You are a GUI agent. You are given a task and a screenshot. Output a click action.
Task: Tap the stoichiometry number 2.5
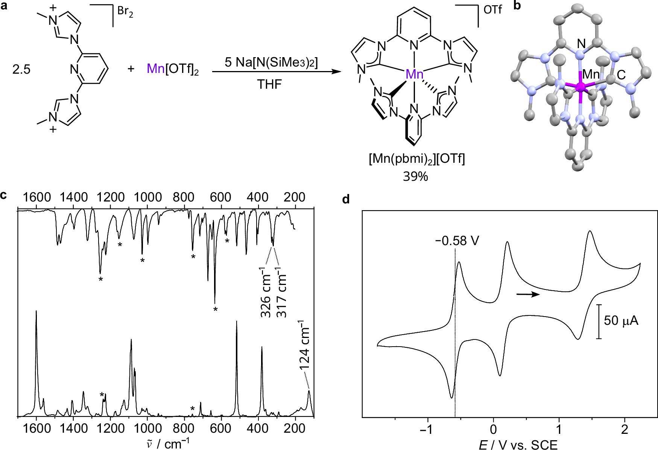coord(21,70)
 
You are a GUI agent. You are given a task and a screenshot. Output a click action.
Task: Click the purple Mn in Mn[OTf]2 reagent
coord(155,68)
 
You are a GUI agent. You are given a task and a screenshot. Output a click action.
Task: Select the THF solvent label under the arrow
coord(269,84)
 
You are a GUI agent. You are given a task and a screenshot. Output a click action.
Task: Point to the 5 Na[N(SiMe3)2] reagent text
coord(271,62)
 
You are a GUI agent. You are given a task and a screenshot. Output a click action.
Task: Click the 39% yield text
coord(415,176)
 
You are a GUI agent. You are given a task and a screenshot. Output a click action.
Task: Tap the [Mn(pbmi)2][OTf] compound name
coord(417,159)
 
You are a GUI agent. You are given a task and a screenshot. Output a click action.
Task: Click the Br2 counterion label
coord(125,11)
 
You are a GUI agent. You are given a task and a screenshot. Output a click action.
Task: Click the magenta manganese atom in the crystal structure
coord(581,88)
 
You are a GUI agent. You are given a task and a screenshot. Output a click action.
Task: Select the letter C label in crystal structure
coord(621,75)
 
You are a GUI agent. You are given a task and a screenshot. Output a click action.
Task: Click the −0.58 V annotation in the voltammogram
coord(457,241)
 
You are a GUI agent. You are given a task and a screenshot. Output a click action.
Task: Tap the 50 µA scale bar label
coord(621,321)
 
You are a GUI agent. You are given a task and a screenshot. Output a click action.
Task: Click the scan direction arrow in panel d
coord(528,294)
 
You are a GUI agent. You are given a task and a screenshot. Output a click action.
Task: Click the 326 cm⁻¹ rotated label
coord(266,293)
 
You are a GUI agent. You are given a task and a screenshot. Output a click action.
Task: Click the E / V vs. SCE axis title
coord(518,445)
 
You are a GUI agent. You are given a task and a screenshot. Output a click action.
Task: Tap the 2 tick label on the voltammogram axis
coord(625,429)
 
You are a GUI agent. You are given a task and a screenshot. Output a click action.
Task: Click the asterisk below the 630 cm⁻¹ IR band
coord(216,309)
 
